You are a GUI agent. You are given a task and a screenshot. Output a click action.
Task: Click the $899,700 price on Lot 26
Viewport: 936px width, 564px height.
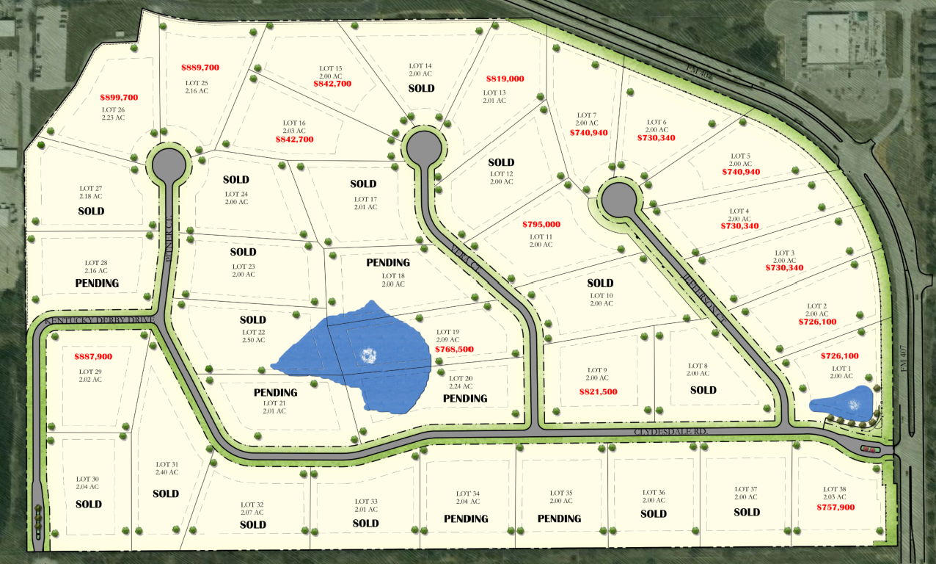point(119,97)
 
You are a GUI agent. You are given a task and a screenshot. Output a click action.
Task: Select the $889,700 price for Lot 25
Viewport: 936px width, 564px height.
point(200,68)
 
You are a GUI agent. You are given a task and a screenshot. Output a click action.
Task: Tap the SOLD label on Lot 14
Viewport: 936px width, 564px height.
point(421,89)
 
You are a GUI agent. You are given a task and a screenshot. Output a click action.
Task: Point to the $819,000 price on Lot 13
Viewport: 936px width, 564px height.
point(505,79)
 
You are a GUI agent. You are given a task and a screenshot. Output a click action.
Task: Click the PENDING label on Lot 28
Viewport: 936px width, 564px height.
point(97,283)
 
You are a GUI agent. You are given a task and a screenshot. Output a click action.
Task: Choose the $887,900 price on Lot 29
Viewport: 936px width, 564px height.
point(93,357)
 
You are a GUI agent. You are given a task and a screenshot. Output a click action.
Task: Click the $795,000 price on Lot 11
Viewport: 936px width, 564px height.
point(541,224)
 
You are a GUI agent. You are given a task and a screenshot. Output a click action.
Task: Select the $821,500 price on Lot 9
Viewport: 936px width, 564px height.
point(599,392)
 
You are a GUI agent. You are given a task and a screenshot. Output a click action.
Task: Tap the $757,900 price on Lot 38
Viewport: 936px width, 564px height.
point(836,507)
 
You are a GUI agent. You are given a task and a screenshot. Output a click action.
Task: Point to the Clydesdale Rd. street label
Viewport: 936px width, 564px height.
point(670,434)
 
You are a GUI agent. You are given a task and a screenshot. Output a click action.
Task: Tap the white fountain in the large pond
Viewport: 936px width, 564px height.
point(369,356)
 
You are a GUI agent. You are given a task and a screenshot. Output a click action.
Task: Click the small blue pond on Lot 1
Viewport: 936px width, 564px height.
point(841,402)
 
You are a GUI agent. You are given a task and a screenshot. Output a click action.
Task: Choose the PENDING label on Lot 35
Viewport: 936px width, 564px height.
point(560,518)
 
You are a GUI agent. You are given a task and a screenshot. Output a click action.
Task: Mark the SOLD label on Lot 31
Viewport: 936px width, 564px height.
point(166,494)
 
